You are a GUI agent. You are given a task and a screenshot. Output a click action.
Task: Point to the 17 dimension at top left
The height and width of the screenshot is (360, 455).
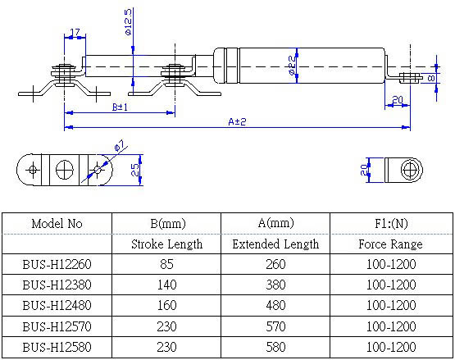[75, 33]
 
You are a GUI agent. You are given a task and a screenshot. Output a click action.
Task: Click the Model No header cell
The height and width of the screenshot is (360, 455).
[57, 223]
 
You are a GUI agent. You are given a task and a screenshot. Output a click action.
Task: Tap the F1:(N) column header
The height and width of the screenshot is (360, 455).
[390, 223]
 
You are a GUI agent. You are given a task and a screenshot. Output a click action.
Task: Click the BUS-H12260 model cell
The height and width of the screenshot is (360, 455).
[57, 265]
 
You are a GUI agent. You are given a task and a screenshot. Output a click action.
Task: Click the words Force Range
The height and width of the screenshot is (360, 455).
[390, 244]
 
